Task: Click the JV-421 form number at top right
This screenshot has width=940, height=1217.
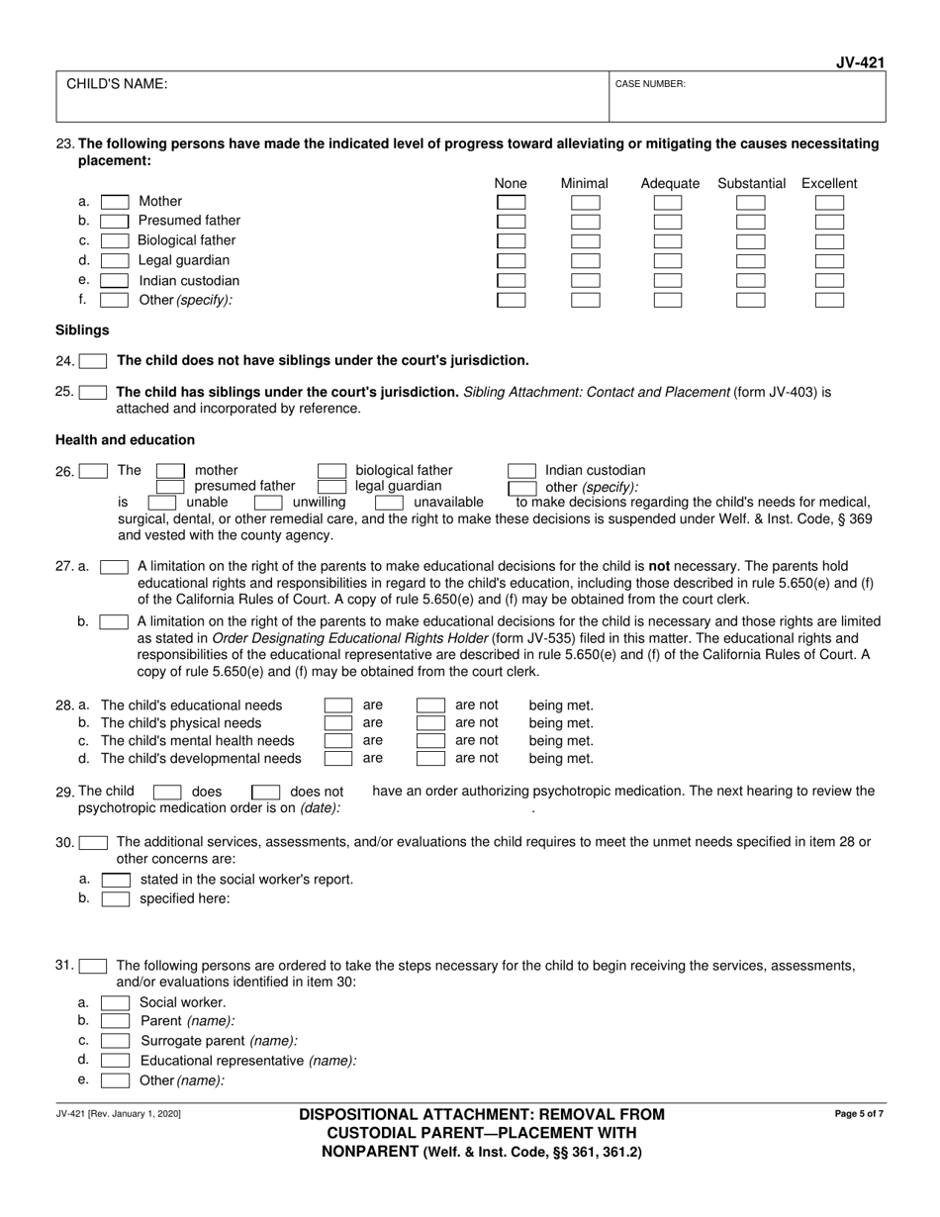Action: pos(859,62)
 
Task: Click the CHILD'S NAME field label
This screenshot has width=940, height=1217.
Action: pos(117,84)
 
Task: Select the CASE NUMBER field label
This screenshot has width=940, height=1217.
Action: pos(650,84)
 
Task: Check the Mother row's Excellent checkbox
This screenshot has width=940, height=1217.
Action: pos(829,202)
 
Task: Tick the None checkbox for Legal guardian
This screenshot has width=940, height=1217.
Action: pos(512,261)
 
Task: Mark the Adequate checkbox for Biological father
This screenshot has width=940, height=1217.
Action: pos(668,241)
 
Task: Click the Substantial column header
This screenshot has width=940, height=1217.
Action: pos(752,183)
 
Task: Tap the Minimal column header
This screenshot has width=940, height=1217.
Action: pos(585,183)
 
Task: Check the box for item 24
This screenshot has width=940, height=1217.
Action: pos(93,361)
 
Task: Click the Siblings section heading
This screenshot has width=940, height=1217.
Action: pos(82,330)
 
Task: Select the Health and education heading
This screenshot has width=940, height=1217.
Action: pos(125,439)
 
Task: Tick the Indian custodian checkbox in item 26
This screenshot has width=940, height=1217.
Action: pos(522,471)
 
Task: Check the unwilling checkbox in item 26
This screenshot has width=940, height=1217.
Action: pos(269,503)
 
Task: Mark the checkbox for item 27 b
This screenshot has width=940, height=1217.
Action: pos(114,621)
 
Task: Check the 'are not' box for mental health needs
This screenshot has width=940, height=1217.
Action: pos(430,741)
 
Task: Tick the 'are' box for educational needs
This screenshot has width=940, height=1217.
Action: pos(338,705)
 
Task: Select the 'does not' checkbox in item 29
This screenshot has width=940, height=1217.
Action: pos(266,792)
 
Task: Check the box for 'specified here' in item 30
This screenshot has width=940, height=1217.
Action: pos(116,898)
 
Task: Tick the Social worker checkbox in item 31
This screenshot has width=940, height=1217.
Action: pos(116,1002)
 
